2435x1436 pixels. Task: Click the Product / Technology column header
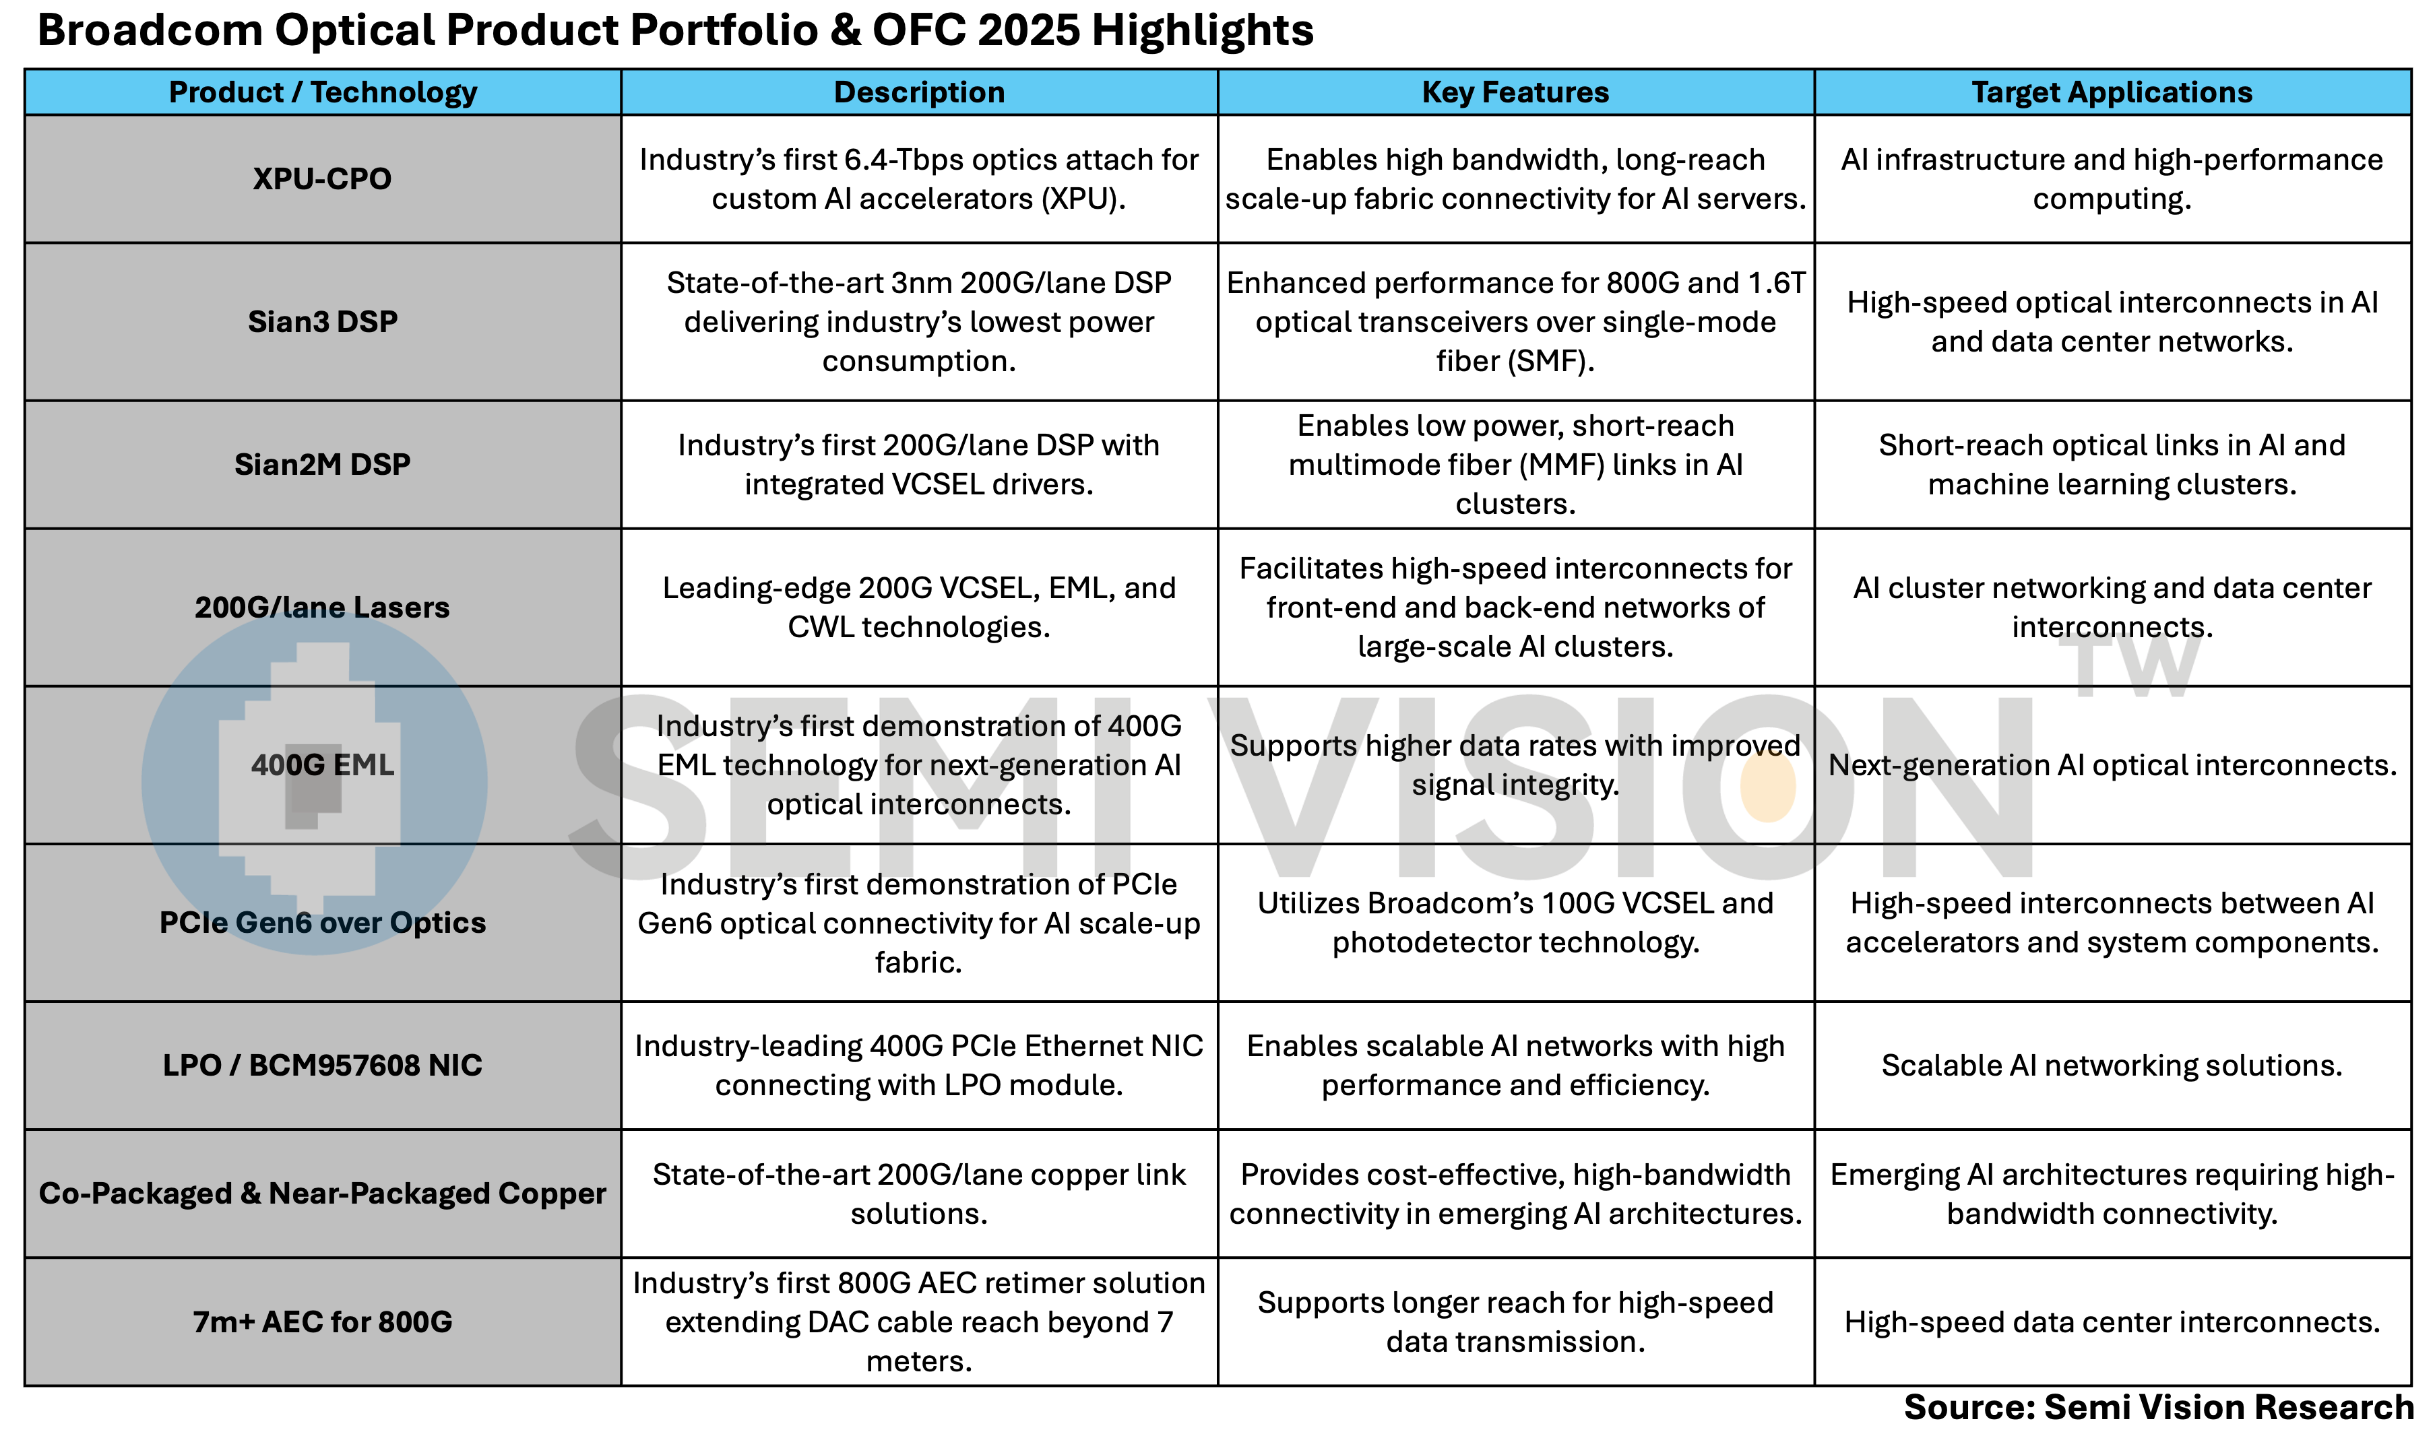322,92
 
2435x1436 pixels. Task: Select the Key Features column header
1515,92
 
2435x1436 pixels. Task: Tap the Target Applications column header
2112,92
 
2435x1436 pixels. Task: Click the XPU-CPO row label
322,179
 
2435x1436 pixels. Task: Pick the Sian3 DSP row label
322,321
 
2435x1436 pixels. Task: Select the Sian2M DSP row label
322,465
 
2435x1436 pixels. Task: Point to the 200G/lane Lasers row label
322,607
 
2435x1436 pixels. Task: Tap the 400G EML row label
322,764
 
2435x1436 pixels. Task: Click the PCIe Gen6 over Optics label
322,922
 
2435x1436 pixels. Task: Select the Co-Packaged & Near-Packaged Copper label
322,1193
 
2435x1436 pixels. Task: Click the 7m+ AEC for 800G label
322,1321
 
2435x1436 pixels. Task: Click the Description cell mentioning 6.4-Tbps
918,179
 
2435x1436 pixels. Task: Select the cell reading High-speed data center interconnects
2112,1321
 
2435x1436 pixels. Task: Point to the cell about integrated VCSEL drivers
918,465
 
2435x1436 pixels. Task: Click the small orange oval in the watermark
1767,786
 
